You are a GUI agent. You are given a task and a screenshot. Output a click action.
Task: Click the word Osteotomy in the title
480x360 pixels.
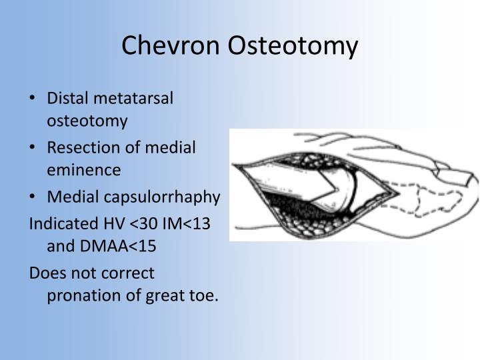tap(295, 45)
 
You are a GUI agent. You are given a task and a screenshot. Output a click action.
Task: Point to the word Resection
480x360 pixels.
tap(77, 147)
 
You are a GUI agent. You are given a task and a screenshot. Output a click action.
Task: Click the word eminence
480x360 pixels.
tap(83, 170)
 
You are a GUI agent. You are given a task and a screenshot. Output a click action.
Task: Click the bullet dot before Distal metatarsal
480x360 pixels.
tap(34, 99)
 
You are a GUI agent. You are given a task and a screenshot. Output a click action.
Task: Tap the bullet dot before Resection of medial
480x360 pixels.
tap(34, 147)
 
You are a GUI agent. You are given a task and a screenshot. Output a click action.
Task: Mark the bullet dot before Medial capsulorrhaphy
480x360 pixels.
tap(34, 197)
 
